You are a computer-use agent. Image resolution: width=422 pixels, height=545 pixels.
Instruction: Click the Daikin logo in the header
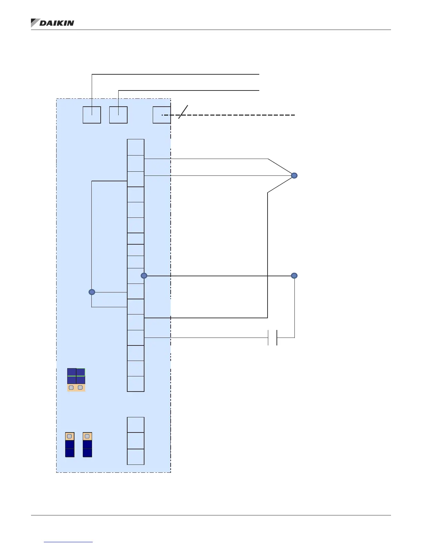point(52,23)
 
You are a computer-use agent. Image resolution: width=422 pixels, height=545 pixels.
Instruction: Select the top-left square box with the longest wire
point(92,115)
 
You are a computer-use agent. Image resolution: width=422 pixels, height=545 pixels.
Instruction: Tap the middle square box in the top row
point(118,115)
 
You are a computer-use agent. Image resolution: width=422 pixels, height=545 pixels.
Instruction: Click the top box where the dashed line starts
point(161,115)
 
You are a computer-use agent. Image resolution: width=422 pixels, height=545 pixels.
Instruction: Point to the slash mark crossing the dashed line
point(183,112)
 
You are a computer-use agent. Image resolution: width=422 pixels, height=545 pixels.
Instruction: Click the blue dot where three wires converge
point(294,176)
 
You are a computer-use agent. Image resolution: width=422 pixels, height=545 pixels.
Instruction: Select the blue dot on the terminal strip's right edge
point(144,276)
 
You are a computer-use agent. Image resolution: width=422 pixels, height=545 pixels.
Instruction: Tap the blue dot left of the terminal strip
point(92,292)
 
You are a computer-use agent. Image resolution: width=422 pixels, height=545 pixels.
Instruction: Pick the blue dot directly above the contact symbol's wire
point(294,276)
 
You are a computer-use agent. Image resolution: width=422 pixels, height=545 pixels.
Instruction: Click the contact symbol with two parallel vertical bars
point(272,338)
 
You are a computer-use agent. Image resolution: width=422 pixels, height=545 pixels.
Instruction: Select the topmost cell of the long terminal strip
point(135,147)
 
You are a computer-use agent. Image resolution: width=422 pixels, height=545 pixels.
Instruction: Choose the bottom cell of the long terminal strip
point(135,384)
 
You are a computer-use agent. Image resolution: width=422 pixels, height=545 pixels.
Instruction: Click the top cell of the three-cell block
point(135,425)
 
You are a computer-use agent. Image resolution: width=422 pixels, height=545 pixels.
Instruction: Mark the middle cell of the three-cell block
point(135,440)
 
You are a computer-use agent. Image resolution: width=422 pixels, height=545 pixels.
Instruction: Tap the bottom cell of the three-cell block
point(135,457)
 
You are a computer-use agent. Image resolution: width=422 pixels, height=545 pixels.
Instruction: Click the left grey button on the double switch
point(71,387)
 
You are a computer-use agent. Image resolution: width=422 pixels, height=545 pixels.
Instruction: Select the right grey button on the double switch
point(80,387)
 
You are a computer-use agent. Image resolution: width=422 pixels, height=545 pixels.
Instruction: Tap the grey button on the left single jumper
point(70,436)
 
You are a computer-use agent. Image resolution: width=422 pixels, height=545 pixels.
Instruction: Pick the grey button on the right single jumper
point(87,436)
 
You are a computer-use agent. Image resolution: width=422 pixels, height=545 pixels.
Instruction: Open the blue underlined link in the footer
point(68,542)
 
